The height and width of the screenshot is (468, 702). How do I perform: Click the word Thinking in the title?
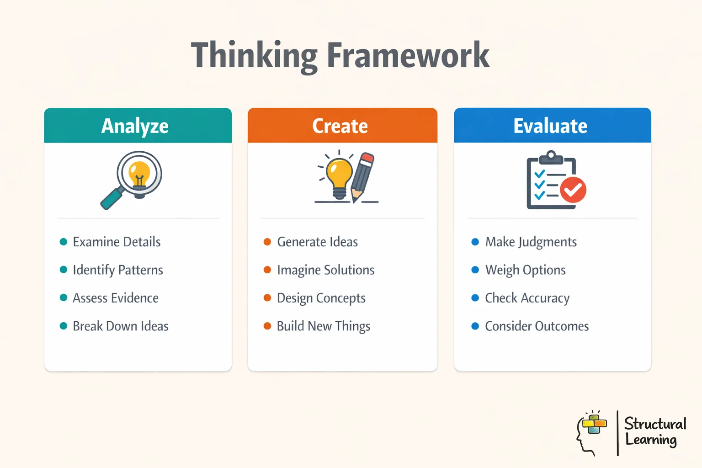[254, 56]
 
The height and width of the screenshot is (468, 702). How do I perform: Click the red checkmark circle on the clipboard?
[573, 190]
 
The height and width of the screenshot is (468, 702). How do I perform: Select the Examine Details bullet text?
[117, 242]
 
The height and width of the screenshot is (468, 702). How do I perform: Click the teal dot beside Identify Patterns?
[64, 270]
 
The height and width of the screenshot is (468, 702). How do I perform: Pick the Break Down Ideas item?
[121, 326]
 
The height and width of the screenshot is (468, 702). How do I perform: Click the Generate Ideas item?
[317, 242]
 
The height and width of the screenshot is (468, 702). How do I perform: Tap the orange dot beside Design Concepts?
[267, 298]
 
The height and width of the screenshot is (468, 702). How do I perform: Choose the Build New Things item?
[324, 326]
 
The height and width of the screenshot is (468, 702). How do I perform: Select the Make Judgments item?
[531, 242]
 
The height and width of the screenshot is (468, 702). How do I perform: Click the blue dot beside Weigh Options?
[475, 270]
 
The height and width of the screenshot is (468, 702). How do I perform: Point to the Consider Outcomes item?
[537, 326]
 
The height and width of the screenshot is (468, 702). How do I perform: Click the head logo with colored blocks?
[591, 432]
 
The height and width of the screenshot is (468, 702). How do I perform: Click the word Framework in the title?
[408, 56]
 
